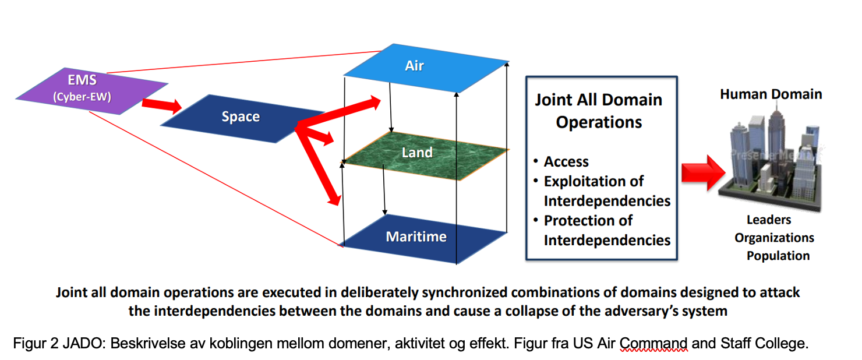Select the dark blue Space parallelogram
coord(241,117)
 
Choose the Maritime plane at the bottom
coord(416,237)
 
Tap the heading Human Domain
coord(771,94)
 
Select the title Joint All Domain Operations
coord(599,111)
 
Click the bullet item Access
coord(566,162)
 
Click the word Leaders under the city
coord(769,220)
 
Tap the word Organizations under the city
coord(774,238)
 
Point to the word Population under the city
coord(778,256)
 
